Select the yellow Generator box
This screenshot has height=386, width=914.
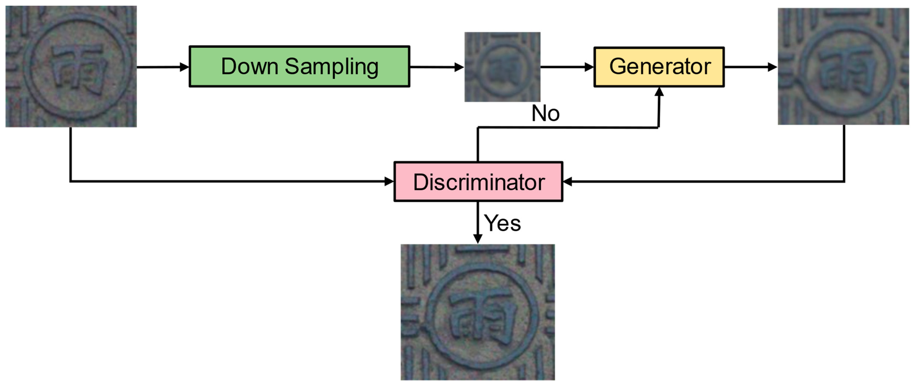point(659,67)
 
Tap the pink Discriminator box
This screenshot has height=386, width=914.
point(478,182)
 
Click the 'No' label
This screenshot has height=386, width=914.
point(545,114)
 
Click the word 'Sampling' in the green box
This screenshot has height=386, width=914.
point(331,67)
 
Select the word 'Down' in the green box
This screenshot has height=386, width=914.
point(249,67)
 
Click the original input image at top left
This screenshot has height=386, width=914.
point(71,67)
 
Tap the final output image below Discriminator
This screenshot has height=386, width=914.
point(478,312)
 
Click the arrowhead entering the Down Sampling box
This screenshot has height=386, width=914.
point(184,67)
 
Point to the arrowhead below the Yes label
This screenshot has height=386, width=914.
point(478,239)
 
